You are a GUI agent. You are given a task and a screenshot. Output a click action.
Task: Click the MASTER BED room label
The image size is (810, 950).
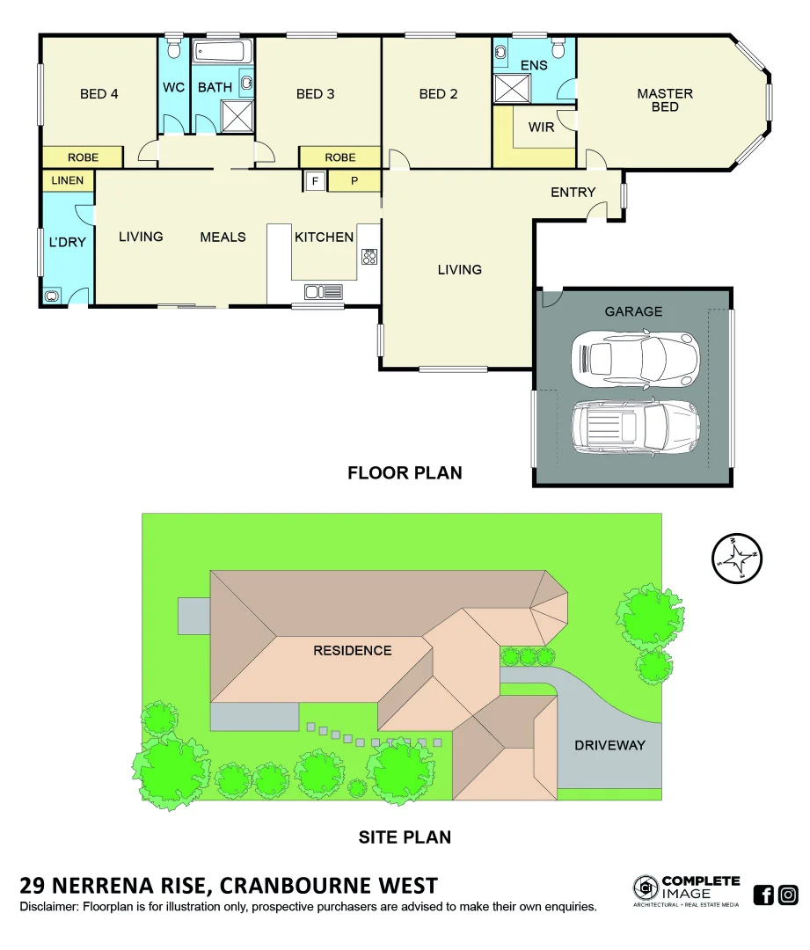coord(665,100)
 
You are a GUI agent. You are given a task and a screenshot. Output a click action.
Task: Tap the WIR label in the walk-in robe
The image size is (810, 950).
coord(541,128)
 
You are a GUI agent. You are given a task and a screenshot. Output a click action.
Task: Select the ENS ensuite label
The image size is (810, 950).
coord(534,65)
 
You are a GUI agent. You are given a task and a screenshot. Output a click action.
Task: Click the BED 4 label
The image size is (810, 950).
coord(99,94)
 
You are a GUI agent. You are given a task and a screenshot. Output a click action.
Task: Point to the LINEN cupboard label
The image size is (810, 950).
coord(68,181)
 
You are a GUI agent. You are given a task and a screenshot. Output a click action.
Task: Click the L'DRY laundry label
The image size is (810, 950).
coord(67,242)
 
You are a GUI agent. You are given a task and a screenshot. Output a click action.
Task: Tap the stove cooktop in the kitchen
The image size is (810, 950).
coord(369,257)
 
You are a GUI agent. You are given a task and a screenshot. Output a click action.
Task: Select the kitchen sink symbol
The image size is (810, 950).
coord(324,291)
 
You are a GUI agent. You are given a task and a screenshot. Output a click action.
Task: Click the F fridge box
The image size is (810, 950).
coord(314,181)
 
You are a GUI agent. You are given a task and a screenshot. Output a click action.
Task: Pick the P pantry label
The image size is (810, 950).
coord(354,181)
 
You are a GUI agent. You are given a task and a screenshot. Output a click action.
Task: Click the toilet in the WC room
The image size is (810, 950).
coord(173,47)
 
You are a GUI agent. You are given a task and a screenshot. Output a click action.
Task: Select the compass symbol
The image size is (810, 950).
coord(737,558)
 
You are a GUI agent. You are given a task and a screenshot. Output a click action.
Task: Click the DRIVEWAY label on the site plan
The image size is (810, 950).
coord(609,745)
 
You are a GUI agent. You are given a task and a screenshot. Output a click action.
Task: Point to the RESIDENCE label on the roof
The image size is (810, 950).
coord(352,651)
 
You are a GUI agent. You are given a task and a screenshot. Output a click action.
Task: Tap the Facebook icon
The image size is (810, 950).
coord(763,895)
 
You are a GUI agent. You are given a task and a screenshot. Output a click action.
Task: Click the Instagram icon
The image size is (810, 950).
coord(789,895)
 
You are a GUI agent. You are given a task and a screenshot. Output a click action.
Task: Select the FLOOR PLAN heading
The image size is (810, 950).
coord(405,473)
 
